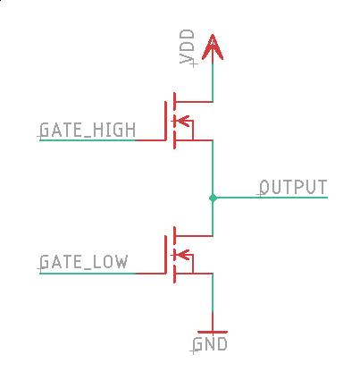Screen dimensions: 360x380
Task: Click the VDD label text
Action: [x=187, y=46]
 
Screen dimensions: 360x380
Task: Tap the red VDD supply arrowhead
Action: [x=213, y=47]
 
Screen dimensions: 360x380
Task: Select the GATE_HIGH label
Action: [x=88, y=130]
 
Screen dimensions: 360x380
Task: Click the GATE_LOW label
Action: [x=84, y=262]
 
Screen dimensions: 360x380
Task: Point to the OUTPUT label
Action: [x=293, y=187]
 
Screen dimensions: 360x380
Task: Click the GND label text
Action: [x=210, y=344]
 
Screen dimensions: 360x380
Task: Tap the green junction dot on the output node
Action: [x=213, y=198]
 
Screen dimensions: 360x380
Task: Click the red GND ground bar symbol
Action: [x=213, y=332]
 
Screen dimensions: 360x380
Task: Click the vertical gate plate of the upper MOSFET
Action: [x=165, y=121]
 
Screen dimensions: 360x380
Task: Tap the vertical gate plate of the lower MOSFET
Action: [x=165, y=254]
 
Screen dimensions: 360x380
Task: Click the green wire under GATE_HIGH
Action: [x=88, y=139]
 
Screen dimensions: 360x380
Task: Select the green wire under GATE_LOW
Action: [x=88, y=273]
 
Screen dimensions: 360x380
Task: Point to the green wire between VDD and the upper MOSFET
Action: [x=213, y=82]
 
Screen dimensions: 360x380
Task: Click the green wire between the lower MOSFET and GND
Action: [x=213, y=293]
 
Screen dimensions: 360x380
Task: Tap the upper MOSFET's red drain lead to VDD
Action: [x=194, y=102]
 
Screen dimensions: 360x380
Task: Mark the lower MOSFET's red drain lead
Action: [x=194, y=236]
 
